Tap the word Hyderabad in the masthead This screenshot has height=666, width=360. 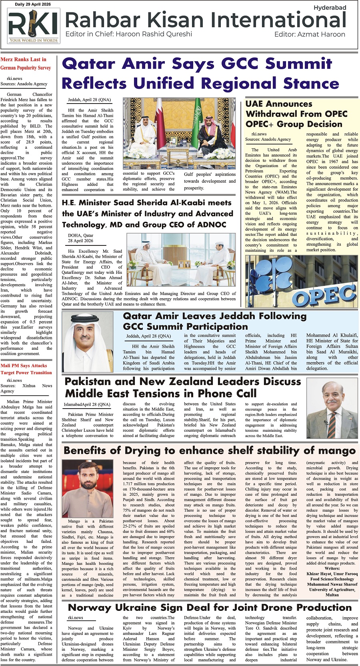[x=330, y=8]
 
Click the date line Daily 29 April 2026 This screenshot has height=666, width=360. [x=33, y=4]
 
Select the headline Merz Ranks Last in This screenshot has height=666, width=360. [x=23, y=60]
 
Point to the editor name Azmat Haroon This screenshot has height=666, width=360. [x=321, y=34]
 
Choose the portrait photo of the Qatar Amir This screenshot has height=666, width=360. [x=92, y=342]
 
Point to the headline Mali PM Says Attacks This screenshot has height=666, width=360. [x=24, y=365]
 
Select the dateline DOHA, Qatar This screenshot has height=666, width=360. [x=80, y=235]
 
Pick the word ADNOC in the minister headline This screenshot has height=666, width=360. [x=209, y=225]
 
